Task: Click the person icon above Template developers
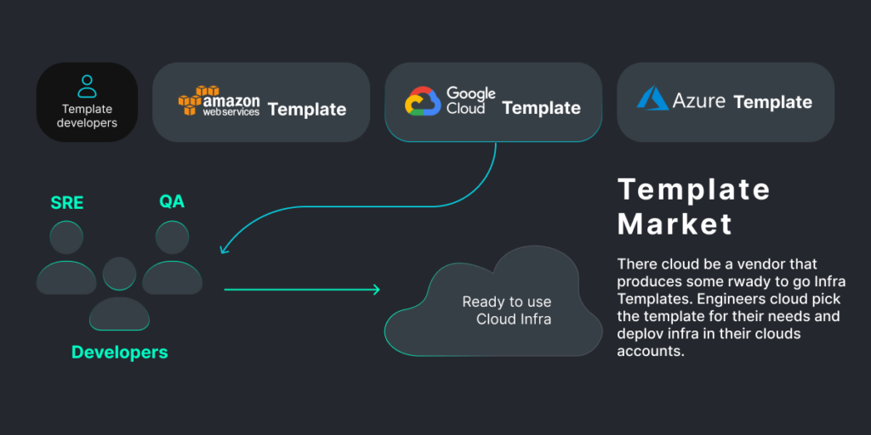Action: (87, 86)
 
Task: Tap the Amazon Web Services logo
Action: (219, 101)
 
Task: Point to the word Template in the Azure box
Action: (772, 103)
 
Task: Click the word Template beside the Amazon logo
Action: (307, 110)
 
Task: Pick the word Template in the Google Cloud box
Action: (541, 109)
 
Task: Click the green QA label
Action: (172, 201)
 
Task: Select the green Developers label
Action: (120, 352)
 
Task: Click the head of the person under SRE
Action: (66, 237)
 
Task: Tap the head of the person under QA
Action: (173, 237)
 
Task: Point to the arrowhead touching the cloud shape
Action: (375, 290)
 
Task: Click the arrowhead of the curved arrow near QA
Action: (224, 248)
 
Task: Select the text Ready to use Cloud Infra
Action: (507, 310)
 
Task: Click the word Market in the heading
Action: (675, 223)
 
